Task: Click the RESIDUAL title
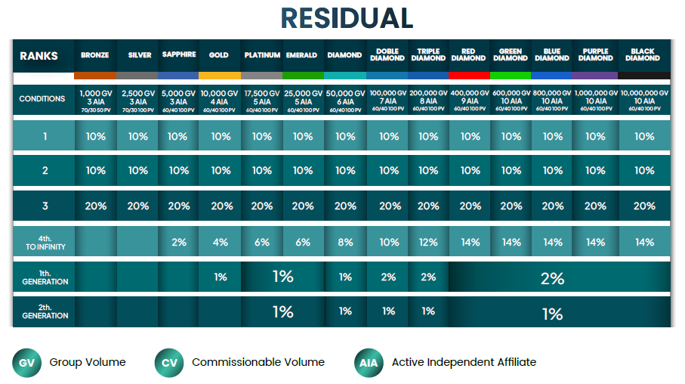(x=347, y=18)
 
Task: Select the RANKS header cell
(x=39, y=56)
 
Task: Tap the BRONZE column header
(x=95, y=55)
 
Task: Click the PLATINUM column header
(x=262, y=55)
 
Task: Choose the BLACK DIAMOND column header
(x=643, y=55)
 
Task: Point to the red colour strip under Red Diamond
(x=468, y=76)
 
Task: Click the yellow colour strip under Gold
(x=220, y=76)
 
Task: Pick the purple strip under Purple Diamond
(x=595, y=76)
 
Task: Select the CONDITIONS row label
(x=42, y=99)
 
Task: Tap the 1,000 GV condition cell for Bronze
(x=96, y=99)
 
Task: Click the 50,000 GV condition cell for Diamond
(x=345, y=99)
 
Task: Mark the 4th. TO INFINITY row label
(x=45, y=242)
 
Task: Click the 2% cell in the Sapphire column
(x=178, y=243)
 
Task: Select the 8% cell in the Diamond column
(x=345, y=243)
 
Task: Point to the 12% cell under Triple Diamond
(x=428, y=243)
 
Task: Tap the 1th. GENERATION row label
(x=45, y=277)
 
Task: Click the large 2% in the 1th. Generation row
(x=552, y=278)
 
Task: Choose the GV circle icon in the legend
(x=26, y=363)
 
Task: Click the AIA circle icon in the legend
(x=368, y=363)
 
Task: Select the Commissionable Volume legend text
(x=258, y=362)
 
